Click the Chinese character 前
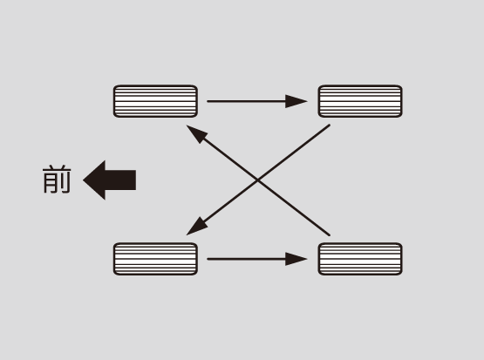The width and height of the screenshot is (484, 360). (57, 180)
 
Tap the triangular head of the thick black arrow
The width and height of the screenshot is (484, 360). (97, 180)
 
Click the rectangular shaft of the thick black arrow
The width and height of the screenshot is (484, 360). (120, 180)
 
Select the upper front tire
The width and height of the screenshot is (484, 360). (155, 101)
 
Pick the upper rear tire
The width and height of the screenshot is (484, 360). (360, 101)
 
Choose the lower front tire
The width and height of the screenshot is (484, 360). (155, 259)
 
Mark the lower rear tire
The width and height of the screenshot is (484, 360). (360, 259)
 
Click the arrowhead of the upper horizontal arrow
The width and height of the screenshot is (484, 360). (296, 101)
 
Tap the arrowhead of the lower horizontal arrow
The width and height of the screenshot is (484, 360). (296, 259)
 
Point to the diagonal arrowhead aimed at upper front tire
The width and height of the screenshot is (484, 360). (196, 133)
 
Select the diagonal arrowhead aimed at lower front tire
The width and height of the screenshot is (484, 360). (196, 227)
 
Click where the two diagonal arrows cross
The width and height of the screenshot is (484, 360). (258, 180)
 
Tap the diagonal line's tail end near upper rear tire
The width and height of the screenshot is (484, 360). (330, 126)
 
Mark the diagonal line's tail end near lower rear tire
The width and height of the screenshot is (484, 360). (330, 235)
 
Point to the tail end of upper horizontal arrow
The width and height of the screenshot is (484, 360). (208, 101)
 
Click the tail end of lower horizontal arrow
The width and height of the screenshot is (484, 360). (208, 259)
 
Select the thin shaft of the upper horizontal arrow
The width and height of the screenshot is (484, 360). (246, 101)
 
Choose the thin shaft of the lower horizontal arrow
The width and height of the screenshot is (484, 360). (246, 259)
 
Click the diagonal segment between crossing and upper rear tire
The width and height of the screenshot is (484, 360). (294, 153)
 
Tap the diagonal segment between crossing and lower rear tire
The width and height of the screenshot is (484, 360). (294, 207)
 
